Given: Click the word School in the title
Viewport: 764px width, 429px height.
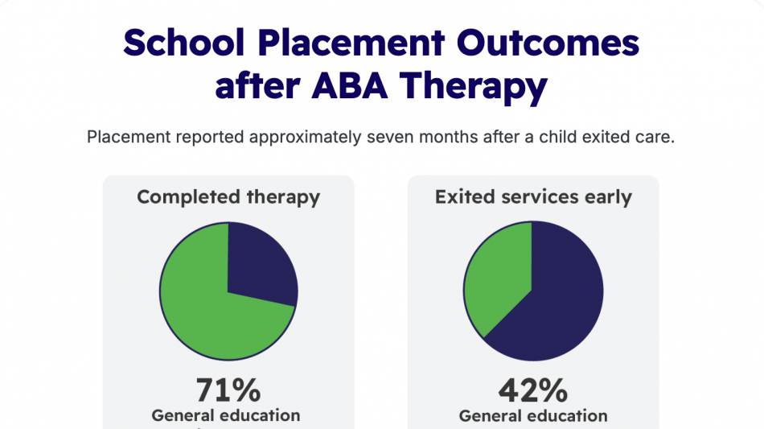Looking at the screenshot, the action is (x=183, y=43).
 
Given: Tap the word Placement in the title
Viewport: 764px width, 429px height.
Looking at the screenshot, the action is (x=351, y=43).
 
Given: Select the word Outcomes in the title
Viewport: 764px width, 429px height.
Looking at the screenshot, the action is (x=548, y=43).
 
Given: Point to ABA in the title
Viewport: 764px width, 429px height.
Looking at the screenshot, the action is (x=349, y=86).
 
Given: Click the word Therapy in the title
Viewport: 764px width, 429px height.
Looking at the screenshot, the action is (x=474, y=88).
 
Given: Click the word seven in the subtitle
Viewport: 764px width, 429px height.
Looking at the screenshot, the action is (x=390, y=137).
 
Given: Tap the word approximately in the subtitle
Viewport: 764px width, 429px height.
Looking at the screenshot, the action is (x=305, y=138).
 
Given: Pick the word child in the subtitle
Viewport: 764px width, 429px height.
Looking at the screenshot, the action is (x=557, y=137).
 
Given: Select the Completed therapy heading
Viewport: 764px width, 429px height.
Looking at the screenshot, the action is (x=228, y=197).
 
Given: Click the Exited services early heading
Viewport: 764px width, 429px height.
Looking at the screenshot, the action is (x=533, y=197).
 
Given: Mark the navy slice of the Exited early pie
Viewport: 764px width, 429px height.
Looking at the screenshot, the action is (x=561, y=303).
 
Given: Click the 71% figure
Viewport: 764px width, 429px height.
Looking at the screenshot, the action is (x=228, y=390).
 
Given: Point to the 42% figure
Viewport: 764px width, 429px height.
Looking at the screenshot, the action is (x=533, y=390).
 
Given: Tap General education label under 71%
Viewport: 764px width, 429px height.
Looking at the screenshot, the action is (x=226, y=416).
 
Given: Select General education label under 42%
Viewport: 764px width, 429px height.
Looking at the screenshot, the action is (x=533, y=416).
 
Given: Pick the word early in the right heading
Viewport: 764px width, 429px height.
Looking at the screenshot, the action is (x=608, y=198).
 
